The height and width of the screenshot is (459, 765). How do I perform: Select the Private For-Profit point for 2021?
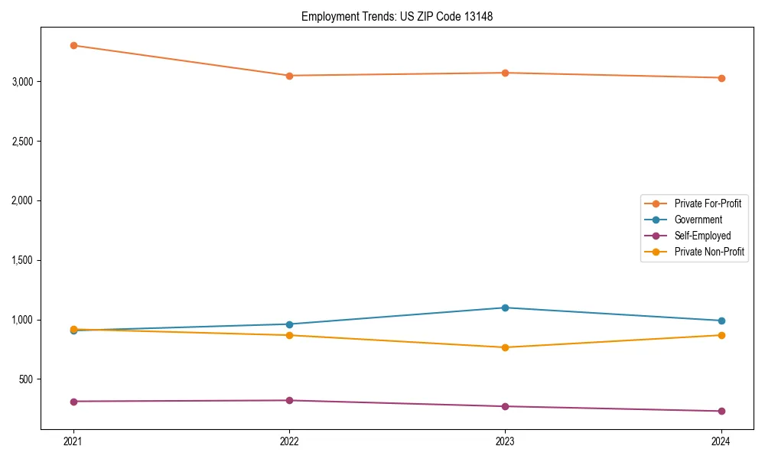(x=73, y=45)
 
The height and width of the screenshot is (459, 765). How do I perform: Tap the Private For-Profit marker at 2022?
(x=289, y=76)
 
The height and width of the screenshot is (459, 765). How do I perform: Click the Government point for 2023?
(x=505, y=308)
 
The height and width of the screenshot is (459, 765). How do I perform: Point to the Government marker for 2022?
(x=289, y=324)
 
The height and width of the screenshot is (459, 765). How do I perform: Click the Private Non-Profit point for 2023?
(x=505, y=347)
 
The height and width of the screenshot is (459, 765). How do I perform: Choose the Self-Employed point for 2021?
(x=73, y=402)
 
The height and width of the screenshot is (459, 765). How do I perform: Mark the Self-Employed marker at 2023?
(x=505, y=406)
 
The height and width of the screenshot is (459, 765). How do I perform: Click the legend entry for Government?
(x=698, y=220)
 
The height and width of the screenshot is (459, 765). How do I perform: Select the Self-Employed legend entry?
(x=702, y=236)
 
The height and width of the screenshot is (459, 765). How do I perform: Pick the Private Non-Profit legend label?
(x=709, y=252)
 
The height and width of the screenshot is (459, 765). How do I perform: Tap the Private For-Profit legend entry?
(x=708, y=203)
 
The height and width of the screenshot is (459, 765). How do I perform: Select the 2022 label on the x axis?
(x=289, y=441)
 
